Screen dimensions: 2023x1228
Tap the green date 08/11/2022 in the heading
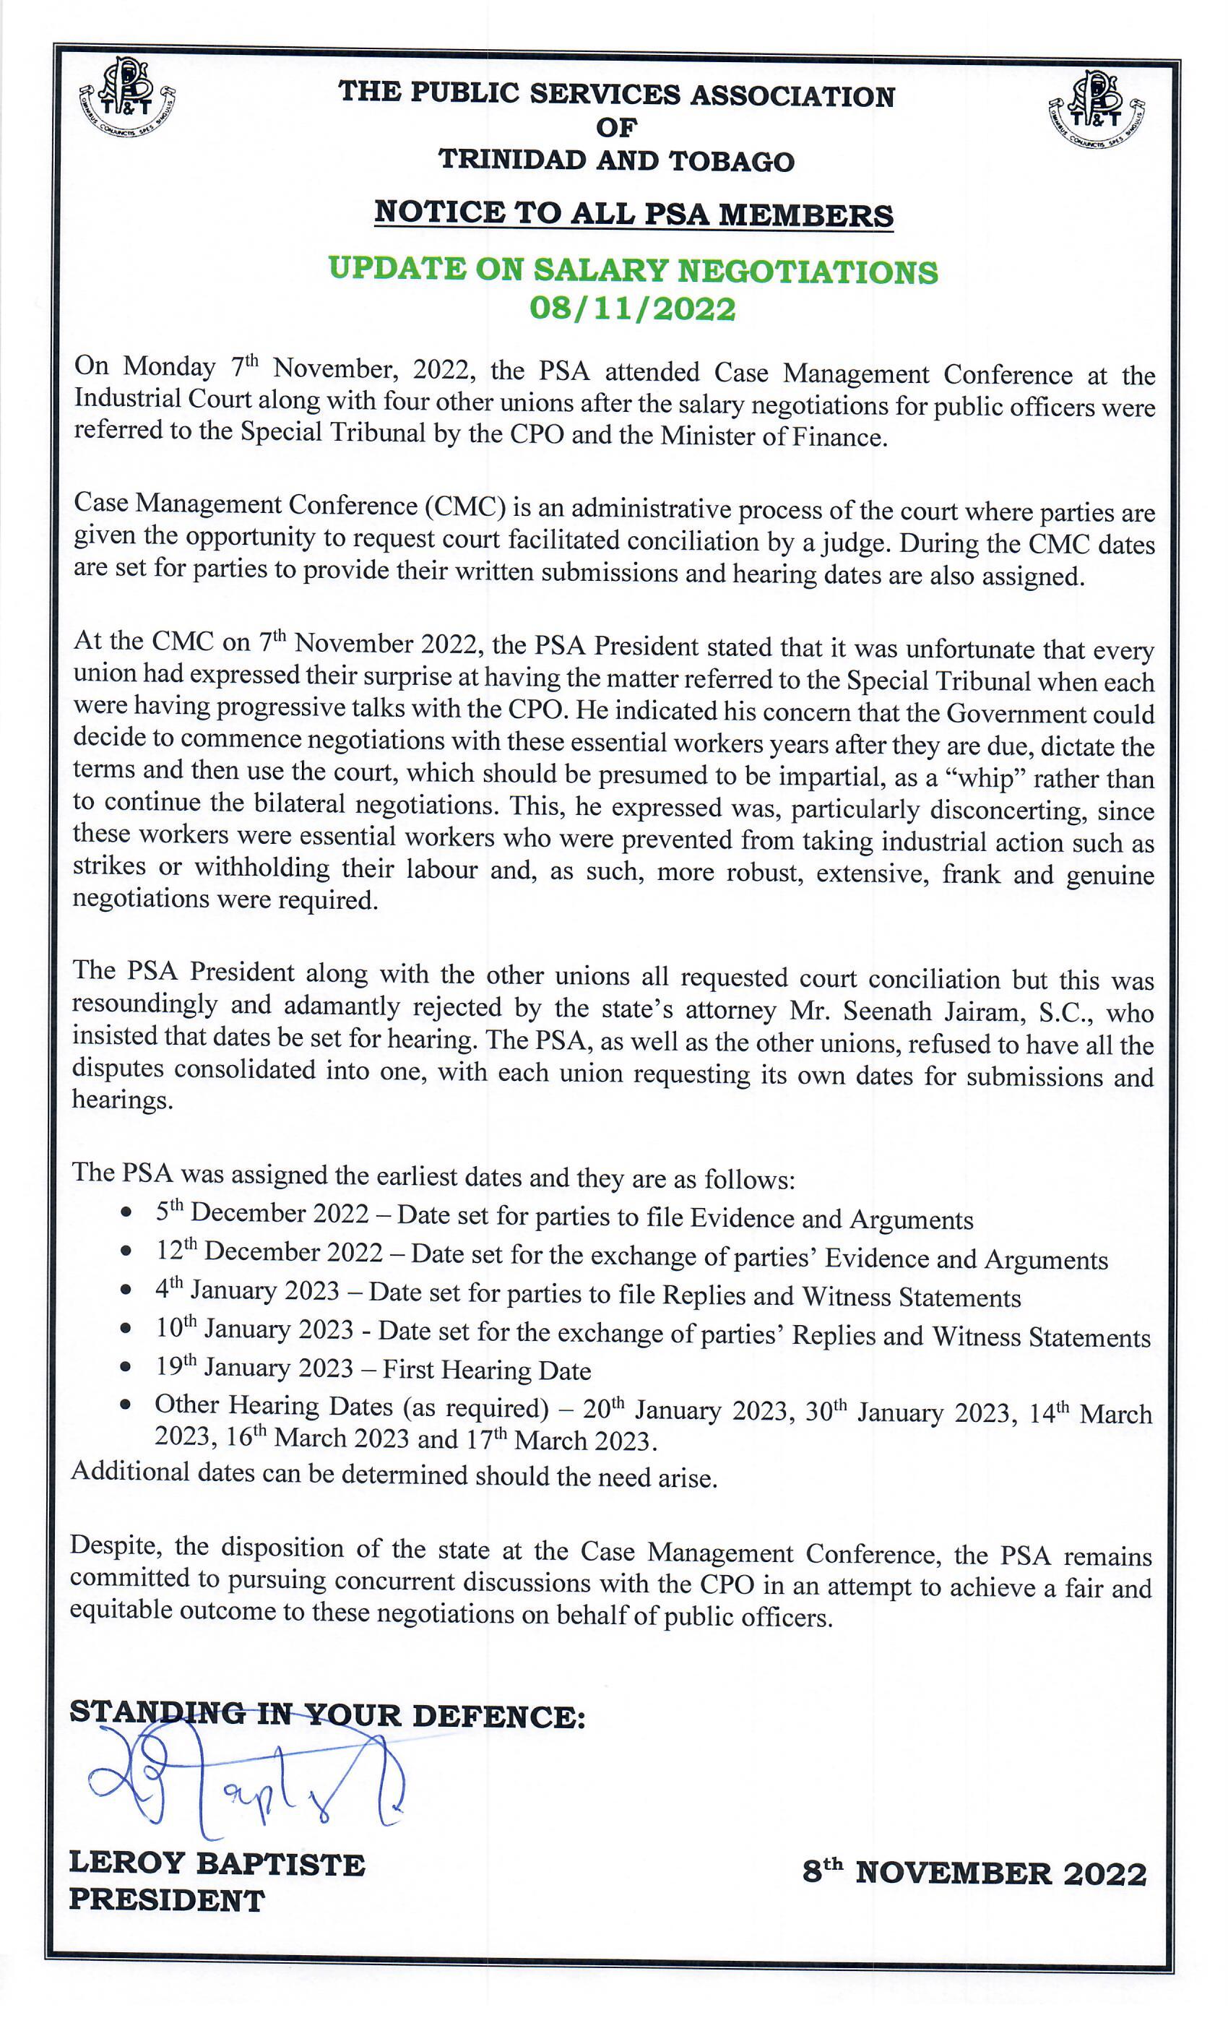click(x=632, y=309)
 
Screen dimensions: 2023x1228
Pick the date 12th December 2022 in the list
click(x=269, y=1251)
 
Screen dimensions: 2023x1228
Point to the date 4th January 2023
click(x=247, y=1290)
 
